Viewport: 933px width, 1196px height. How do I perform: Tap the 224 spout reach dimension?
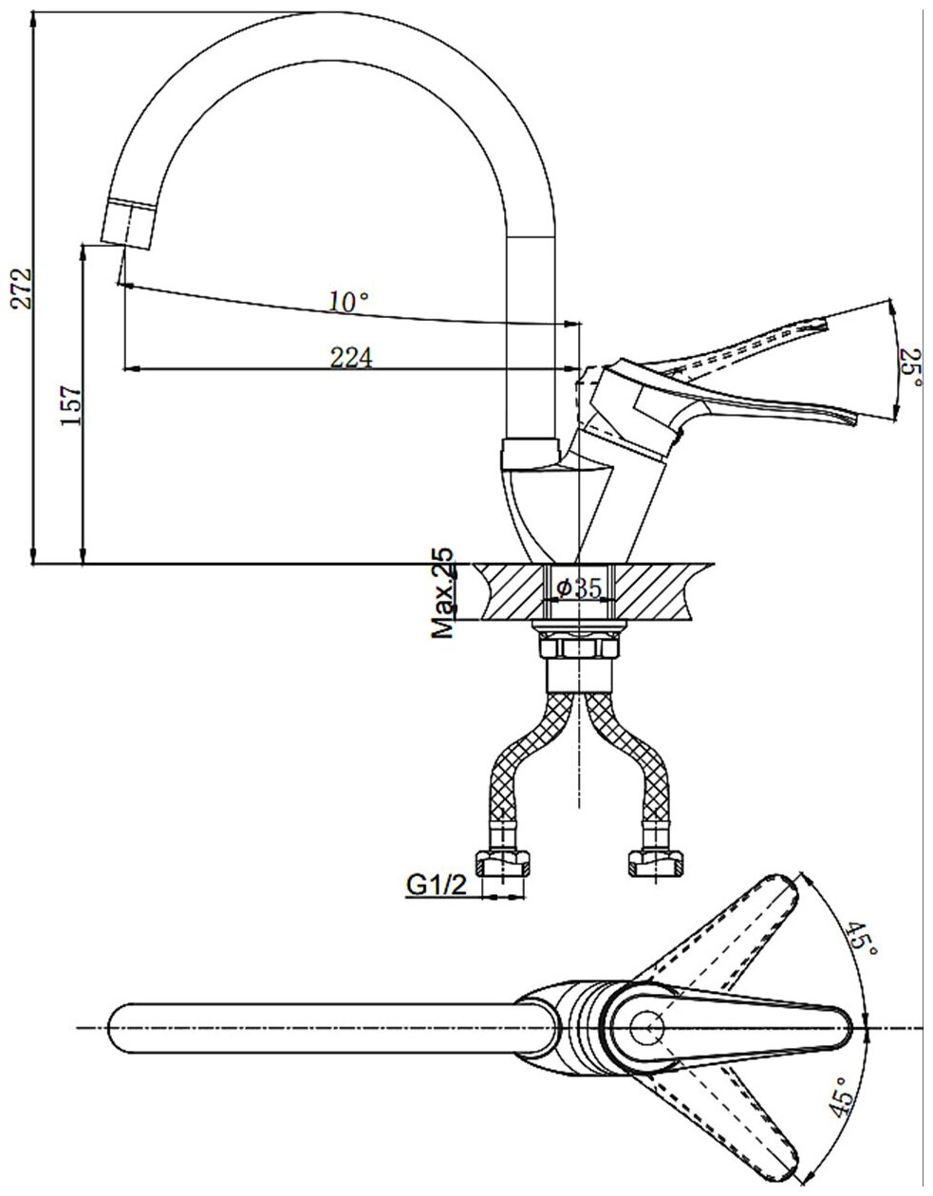350,357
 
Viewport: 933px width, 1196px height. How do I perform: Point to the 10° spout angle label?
347,302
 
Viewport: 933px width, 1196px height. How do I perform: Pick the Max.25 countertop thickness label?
442,593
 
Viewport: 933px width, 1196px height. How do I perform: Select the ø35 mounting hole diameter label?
579,588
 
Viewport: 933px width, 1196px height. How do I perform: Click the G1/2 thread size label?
436,885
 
